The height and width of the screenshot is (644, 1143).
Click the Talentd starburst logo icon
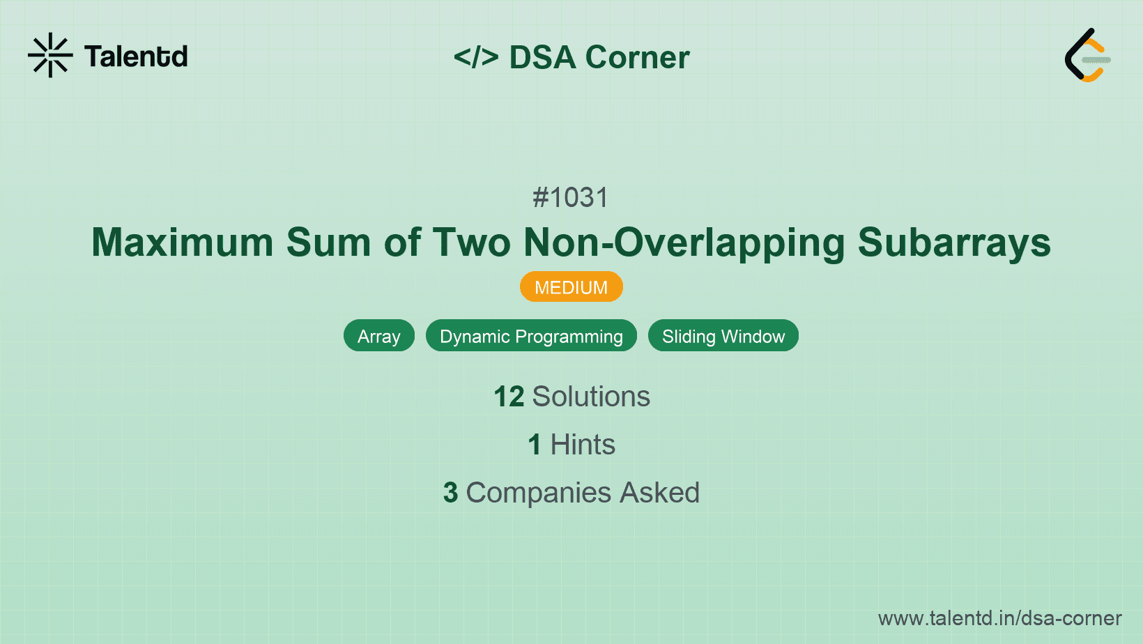click(50, 55)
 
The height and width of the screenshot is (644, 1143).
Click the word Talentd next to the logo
click(136, 56)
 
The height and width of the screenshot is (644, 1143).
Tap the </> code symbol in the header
click(475, 57)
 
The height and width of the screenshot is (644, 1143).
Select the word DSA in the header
click(542, 57)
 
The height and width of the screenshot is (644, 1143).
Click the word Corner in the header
click(637, 57)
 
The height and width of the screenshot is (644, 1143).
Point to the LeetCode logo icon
click(1087, 56)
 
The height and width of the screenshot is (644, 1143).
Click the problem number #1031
click(570, 198)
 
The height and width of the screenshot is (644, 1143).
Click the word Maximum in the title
click(183, 243)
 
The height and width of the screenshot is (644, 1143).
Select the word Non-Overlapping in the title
click(684, 243)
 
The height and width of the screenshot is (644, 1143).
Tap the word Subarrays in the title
click(953, 243)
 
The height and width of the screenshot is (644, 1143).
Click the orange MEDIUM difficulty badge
click(571, 287)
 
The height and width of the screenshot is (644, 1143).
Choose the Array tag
click(378, 337)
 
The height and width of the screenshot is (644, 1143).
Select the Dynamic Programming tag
click(531, 337)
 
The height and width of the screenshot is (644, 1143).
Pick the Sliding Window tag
click(723, 337)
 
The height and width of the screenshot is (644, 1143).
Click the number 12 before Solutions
click(509, 397)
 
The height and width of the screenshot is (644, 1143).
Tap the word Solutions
click(591, 397)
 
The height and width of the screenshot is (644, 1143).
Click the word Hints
click(583, 445)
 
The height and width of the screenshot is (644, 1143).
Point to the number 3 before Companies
click(450, 493)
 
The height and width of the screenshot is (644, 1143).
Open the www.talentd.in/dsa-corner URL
click(999, 618)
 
